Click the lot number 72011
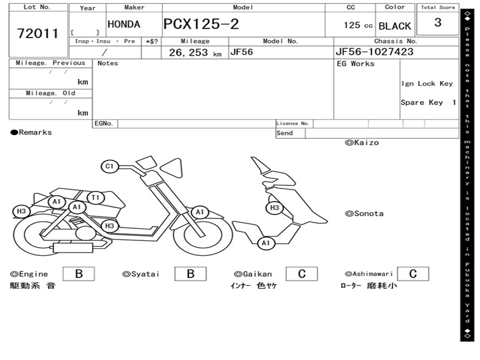(38, 33)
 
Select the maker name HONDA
(124, 24)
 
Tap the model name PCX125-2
(201, 24)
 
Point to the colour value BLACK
(395, 26)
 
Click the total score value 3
(437, 22)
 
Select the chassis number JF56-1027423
(375, 52)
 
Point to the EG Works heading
(356, 64)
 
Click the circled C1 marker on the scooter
(110, 166)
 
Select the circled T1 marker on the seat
(96, 197)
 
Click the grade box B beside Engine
(79, 274)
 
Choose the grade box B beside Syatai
(190, 274)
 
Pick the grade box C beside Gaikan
(301, 274)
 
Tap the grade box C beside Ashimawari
(412, 274)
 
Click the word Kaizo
(366, 142)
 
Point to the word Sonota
(368, 214)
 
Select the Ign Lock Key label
(427, 83)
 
